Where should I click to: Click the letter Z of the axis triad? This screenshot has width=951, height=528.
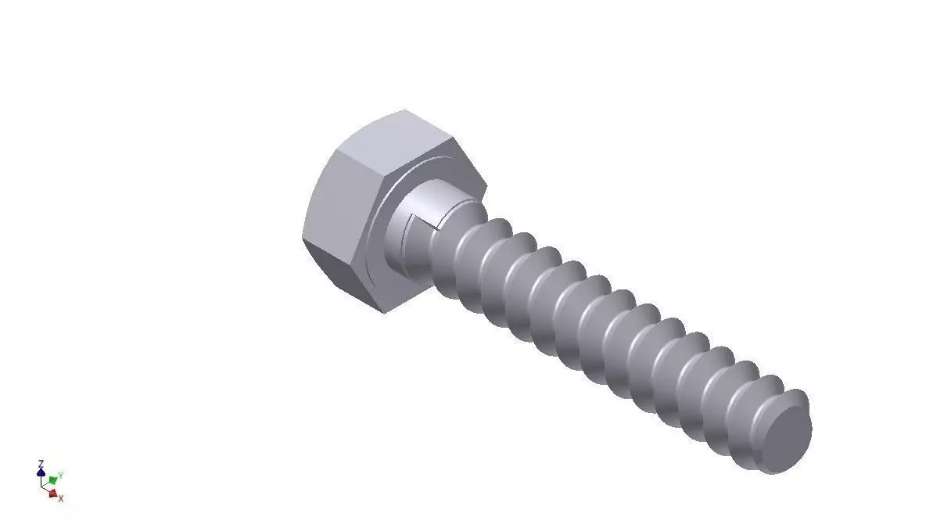(41, 464)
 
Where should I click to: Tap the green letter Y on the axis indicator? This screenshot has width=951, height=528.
(60, 475)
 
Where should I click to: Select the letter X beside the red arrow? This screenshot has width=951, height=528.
(60, 498)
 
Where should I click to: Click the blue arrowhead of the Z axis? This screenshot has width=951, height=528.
(41, 472)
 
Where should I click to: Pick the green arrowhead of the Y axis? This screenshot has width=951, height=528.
(52, 479)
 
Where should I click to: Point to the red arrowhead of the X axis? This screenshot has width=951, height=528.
(52, 493)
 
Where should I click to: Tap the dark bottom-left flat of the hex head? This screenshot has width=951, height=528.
(344, 278)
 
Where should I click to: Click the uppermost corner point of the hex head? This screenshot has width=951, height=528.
(405, 110)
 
